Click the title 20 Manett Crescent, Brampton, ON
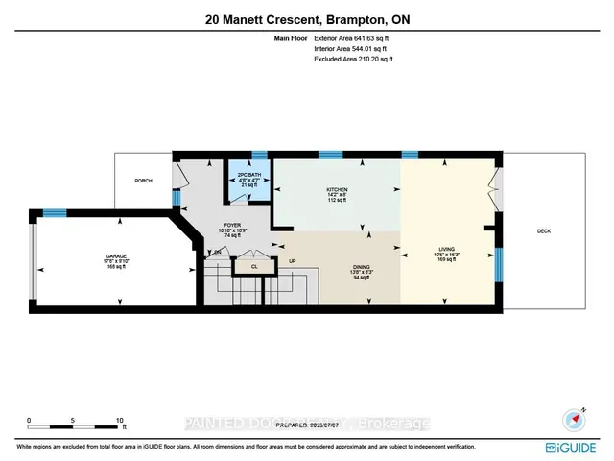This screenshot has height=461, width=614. (307, 17)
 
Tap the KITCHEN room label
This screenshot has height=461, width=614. (336, 189)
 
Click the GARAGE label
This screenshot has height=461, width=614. (116, 257)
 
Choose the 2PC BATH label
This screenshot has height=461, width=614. (249, 176)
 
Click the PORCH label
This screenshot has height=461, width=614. (143, 180)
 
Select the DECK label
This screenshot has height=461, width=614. (544, 230)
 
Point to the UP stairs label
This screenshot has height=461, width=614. (292, 260)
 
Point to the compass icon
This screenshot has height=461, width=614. (574, 419)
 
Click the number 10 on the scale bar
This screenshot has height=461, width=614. (119, 421)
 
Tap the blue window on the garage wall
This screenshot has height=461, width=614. (54, 212)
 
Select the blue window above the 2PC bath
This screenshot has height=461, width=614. (257, 154)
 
